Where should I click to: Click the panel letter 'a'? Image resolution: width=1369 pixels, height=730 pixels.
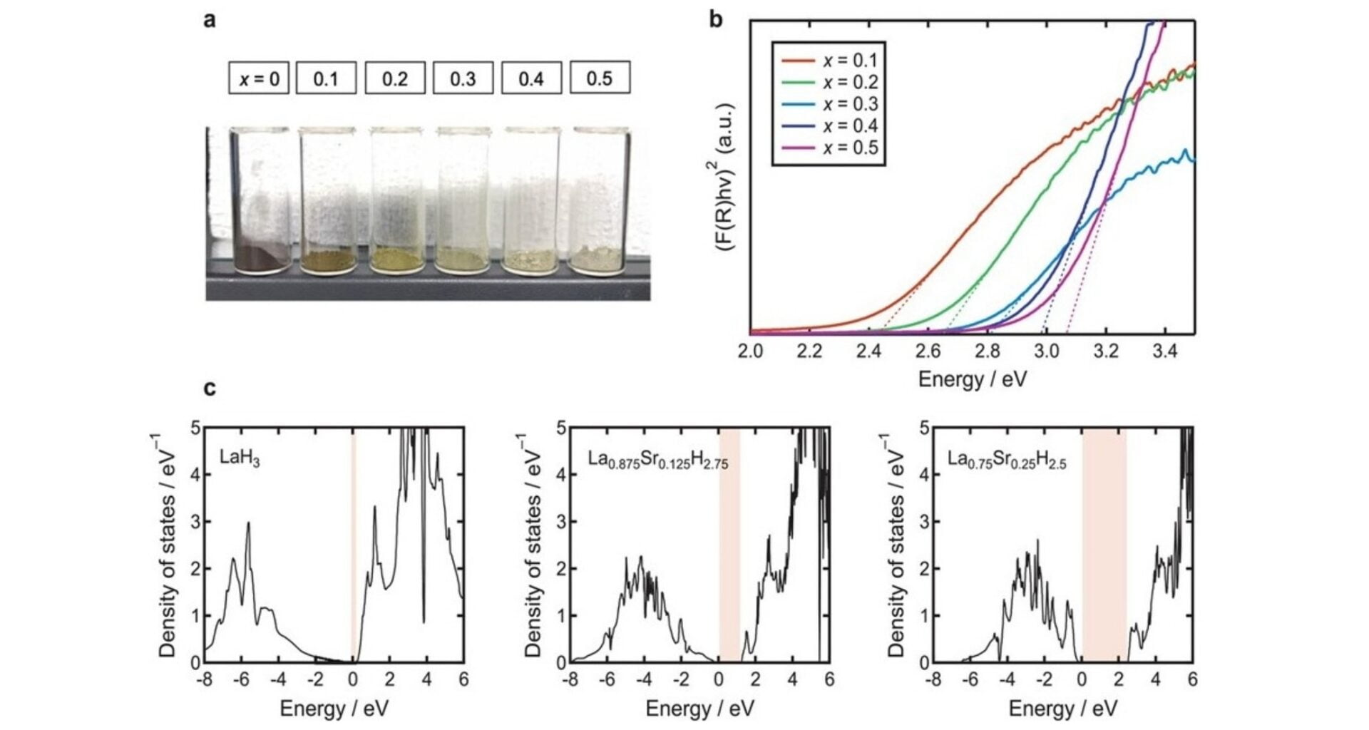(210, 20)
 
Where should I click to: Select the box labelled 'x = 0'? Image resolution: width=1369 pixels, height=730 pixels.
(259, 78)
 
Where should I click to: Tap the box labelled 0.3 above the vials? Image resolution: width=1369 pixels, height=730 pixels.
(463, 78)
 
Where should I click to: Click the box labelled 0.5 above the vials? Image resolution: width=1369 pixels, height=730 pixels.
(600, 78)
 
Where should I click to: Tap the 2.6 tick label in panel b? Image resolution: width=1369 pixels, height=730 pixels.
(928, 351)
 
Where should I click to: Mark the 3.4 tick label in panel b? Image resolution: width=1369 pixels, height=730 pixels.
(1165, 351)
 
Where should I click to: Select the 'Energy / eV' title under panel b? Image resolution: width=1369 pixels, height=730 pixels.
(973, 379)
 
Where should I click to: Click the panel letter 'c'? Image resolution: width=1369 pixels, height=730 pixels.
(210, 389)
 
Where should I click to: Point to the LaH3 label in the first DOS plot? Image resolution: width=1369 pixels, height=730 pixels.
(240, 458)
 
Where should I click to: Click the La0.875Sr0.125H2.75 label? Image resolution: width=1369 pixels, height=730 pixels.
(658, 460)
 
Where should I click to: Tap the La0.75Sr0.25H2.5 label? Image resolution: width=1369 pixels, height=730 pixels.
(1007, 460)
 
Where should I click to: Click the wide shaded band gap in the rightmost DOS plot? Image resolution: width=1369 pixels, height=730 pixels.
(1104, 545)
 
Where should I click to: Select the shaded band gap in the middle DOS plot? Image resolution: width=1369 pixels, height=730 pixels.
(729, 545)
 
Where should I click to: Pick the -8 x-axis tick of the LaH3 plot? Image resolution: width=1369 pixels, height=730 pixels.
(205, 679)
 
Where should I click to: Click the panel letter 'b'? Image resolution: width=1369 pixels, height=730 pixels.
(716, 20)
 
